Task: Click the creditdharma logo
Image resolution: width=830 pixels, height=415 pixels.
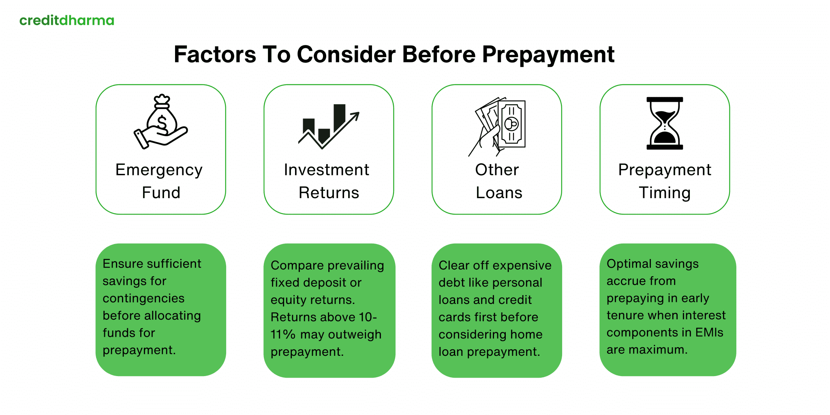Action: pos(67,20)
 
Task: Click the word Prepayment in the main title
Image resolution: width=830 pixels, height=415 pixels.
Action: pos(548,55)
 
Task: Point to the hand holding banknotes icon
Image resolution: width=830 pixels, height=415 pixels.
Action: pos(498,126)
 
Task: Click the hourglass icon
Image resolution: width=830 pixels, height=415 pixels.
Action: pos(665,123)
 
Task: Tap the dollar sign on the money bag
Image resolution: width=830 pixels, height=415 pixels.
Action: pos(162,122)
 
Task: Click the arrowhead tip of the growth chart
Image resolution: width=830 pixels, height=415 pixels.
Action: pos(357,115)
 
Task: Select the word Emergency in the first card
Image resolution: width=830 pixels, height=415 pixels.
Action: pos(159,170)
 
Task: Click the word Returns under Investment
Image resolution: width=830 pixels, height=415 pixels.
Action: pos(329,193)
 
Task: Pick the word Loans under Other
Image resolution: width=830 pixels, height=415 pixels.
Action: pos(499,193)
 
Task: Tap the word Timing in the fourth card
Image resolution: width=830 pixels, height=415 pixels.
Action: pos(665,193)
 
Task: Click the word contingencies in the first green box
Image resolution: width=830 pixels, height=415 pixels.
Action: pos(143,298)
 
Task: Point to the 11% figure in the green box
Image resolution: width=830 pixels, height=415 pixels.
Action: pos(283,334)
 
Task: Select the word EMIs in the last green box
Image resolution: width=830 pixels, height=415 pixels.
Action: pos(709,332)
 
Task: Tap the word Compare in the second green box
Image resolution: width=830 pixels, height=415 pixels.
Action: pos(292,265)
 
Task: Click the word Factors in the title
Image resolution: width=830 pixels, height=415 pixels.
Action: pos(215,55)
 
